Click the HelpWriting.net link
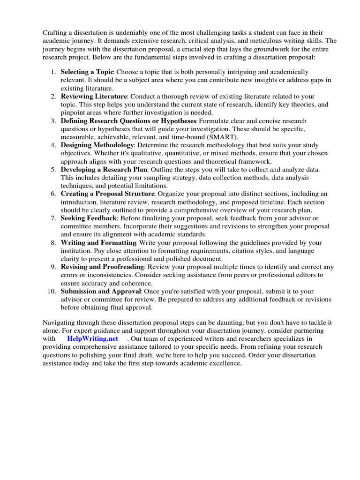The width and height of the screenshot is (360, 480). (92, 338)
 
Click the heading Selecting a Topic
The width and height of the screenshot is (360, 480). (87, 72)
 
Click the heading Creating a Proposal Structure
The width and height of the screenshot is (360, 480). (107, 194)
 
